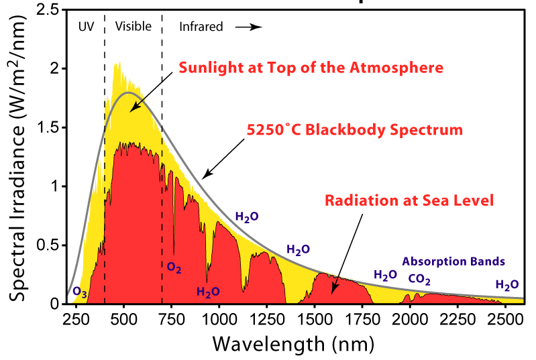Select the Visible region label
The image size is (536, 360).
(x=133, y=27)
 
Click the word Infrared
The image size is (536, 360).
(x=200, y=27)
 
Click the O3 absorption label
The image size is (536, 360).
(x=79, y=292)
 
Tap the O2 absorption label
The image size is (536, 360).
(x=174, y=267)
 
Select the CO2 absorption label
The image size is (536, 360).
(x=419, y=280)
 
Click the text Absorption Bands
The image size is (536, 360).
(x=453, y=261)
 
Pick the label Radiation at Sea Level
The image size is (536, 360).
(x=409, y=200)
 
